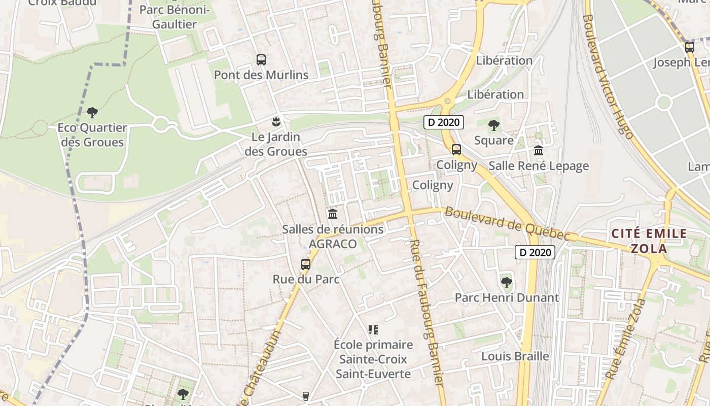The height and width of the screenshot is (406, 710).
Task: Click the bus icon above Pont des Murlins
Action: click(261, 60)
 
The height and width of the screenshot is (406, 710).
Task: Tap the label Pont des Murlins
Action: click(261, 75)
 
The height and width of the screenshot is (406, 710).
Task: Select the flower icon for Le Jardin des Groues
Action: click(276, 121)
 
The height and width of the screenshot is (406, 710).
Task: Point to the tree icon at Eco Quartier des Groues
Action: click(92, 112)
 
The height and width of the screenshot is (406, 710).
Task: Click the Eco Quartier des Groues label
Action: click(92, 135)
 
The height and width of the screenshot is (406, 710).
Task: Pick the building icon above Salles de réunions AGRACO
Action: click(333, 214)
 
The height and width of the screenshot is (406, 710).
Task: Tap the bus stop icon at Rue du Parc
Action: click(305, 264)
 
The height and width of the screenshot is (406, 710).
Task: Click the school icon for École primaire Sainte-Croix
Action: click(373, 330)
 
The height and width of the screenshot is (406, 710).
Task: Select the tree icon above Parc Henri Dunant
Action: click(506, 282)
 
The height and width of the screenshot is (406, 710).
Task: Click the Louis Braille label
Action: click(515, 356)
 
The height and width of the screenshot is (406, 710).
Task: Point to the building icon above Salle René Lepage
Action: click(539, 150)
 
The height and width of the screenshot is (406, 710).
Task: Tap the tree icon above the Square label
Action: click(493, 125)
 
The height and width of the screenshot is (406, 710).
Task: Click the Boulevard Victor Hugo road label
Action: click(608, 76)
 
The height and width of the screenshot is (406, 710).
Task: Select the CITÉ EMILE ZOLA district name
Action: click(649, 241)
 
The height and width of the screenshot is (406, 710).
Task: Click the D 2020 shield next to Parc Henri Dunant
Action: click(535, 252)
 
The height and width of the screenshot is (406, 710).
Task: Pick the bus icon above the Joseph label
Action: click(689, 47)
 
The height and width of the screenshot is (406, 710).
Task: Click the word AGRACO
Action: click(333, 244)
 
